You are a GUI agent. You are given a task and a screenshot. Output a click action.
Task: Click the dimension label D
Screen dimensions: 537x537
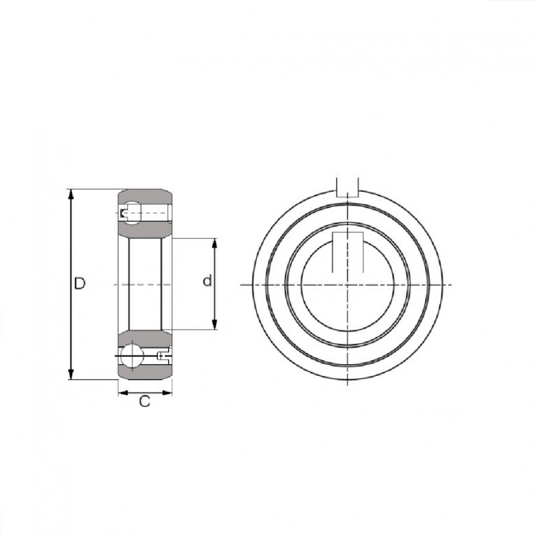(x=79, y=283)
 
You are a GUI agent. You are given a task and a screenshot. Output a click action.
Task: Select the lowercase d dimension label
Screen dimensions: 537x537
(x=207, y=282)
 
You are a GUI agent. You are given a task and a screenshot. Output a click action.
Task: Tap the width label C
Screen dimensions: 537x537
(x=145, y=402)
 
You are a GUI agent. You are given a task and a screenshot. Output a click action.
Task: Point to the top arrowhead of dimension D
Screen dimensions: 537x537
(x=71, y=194)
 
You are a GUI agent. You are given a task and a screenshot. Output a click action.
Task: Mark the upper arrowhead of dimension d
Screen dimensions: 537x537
(x=215, y=244)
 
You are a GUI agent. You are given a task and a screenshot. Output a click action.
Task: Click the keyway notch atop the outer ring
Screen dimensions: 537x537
(x=347, y=186)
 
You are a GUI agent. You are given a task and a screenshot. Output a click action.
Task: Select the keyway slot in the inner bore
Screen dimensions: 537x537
(x=347, y=252)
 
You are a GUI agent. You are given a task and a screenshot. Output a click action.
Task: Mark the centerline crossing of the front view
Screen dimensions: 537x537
(x=347, y=285)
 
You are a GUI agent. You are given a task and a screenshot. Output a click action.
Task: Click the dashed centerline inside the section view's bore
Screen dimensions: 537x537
(x=145, y=285)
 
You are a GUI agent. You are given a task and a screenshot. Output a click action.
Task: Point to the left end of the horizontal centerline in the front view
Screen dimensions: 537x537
(x=242, y=285)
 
